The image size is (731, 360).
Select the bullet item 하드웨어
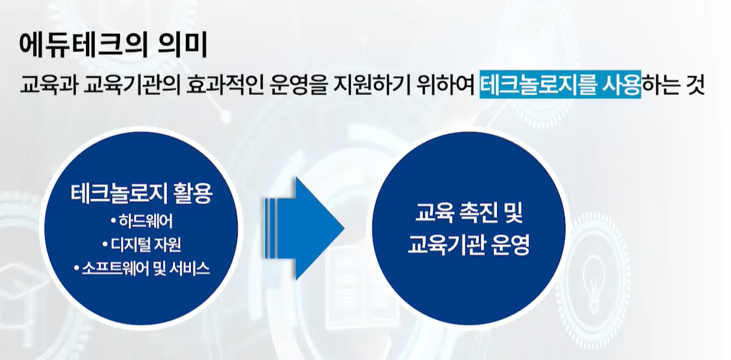[x=142, y=220]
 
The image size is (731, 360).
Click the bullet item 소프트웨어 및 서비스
[x=142, y=269]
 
